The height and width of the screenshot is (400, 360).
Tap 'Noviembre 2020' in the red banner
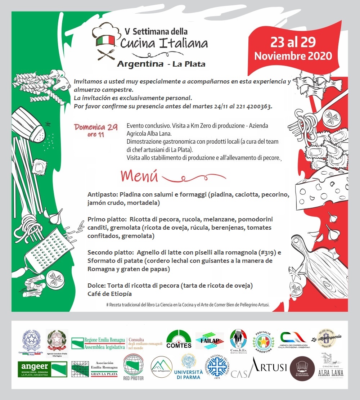[293, 56]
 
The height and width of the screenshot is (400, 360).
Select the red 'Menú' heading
[140, 176]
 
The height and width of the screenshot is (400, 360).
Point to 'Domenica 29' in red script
[96, 127]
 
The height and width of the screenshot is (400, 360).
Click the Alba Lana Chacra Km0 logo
[330, 366]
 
